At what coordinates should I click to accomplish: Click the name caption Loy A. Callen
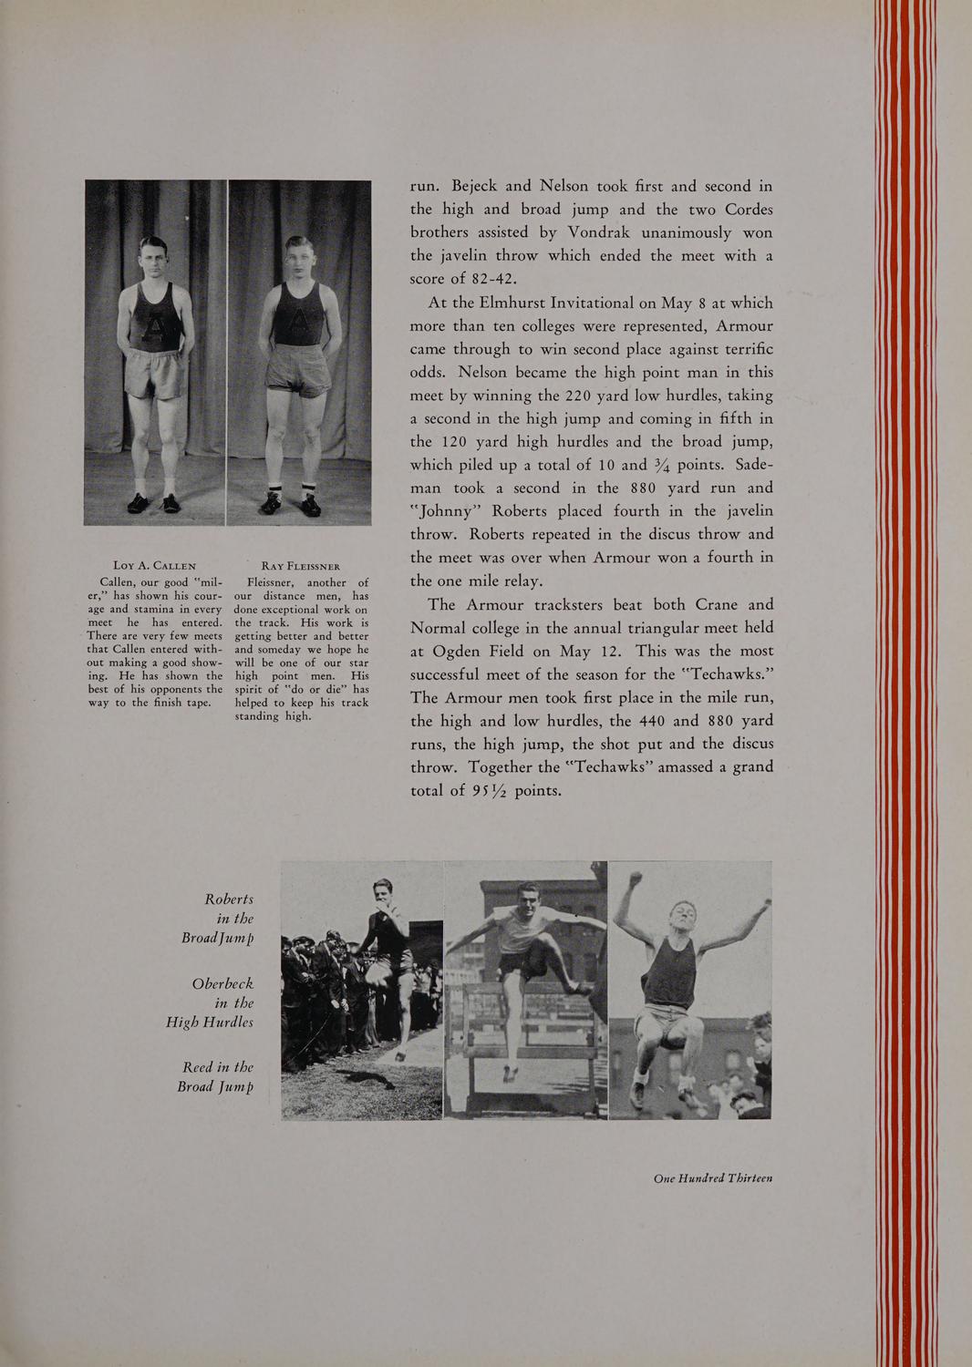click(153, 566)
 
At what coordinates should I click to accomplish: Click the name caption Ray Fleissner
click(300, 566)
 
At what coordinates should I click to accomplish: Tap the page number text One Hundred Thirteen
click(713, 1177)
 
